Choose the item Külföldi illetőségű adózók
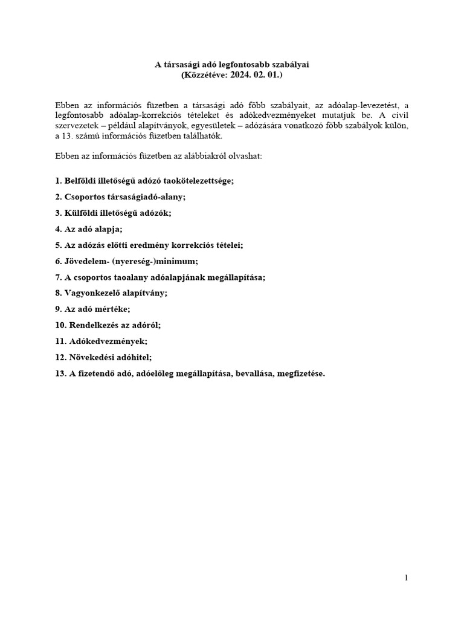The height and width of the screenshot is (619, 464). coord(113,213)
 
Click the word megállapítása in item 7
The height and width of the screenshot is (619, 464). coord(237,277)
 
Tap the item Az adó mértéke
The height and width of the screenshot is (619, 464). coord(92,309)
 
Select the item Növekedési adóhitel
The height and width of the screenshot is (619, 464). coord(106,357)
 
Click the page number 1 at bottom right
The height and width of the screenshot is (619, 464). coord(407,578)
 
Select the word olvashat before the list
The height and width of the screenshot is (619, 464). coord(245,155)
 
